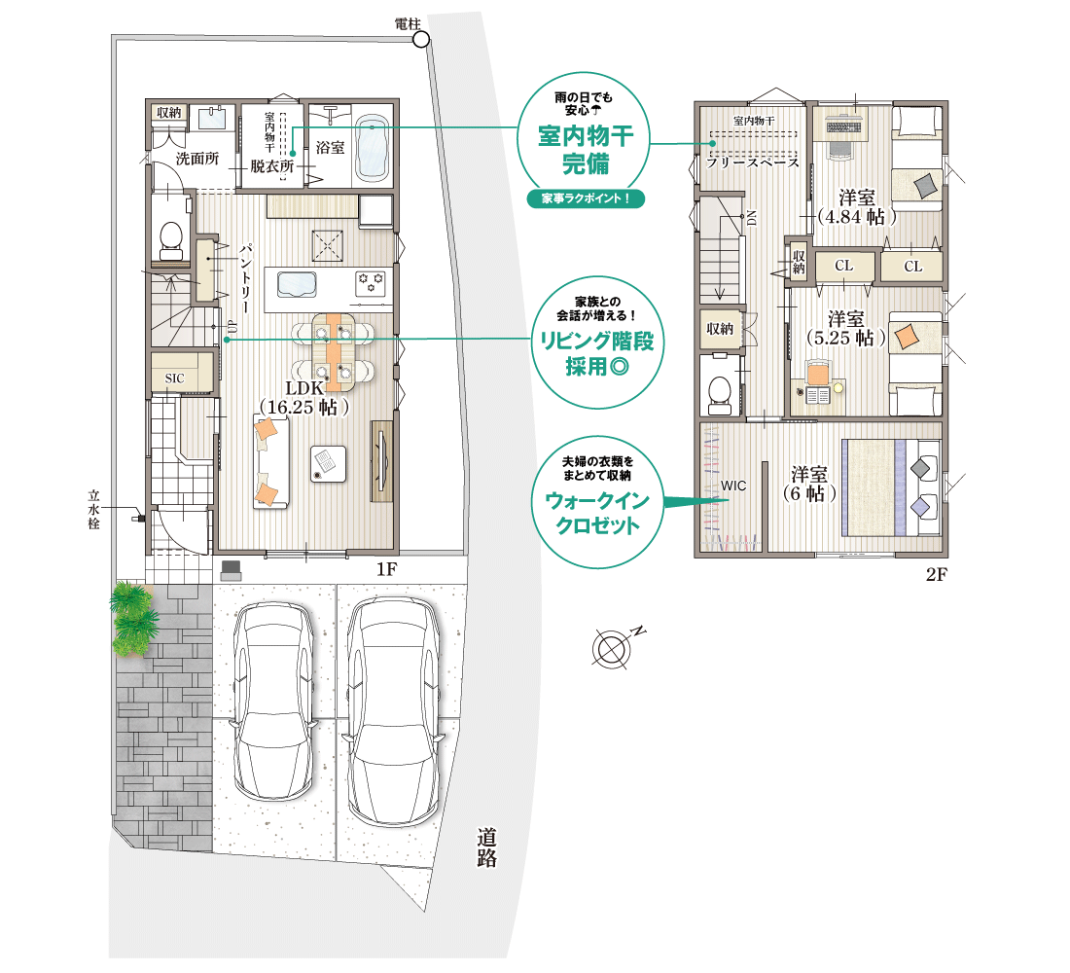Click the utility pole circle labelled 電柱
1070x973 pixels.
point(422,40)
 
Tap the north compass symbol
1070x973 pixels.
point(612,647)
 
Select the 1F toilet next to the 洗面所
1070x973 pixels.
point(170,237)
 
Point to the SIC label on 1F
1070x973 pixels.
point(175,378)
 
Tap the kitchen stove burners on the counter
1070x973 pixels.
point(371,281)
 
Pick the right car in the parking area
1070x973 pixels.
point(391,710)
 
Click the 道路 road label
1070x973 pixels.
point(486,847)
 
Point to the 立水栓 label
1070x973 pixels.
point(94,510)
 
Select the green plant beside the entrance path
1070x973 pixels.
point(134,617)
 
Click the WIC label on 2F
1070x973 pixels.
point(733,486)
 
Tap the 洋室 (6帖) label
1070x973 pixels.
point(809,485)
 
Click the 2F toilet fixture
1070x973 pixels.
point(719,394)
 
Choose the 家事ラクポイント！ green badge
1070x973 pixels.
point(586,198)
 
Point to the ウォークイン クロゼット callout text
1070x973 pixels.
point(597,513)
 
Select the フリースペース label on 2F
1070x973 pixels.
point(753,162)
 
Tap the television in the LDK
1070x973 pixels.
point(380,462)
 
